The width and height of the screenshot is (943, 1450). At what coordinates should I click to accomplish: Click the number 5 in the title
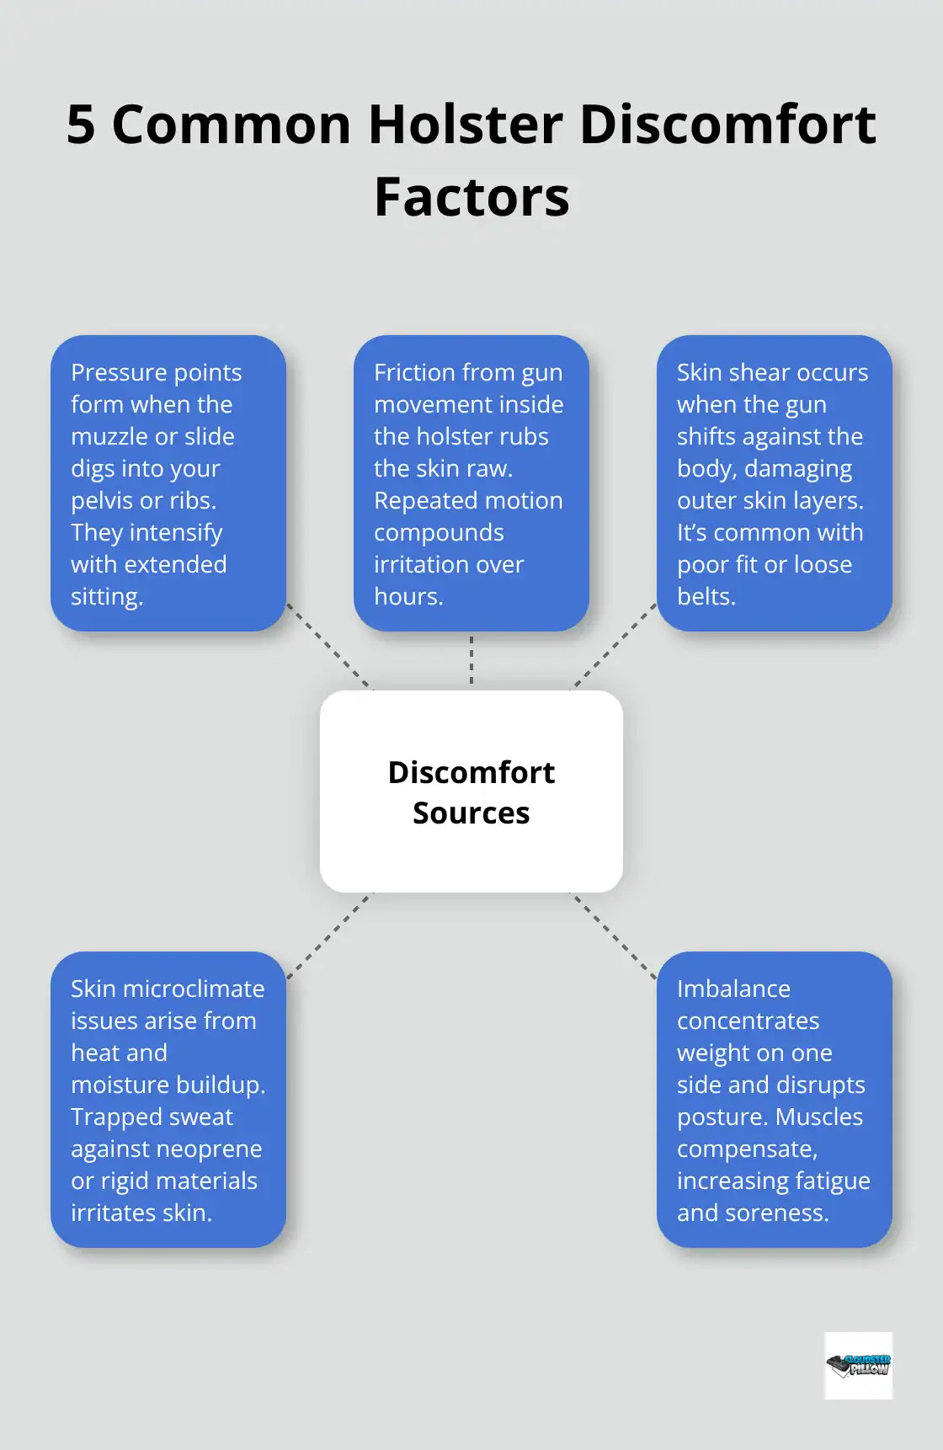click(81, 125)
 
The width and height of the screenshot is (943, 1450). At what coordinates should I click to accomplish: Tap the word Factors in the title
click(471, 198)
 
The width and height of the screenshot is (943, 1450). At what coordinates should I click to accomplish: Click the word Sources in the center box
click(471, 813)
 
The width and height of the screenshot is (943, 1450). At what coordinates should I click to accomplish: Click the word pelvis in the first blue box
click(103, 501)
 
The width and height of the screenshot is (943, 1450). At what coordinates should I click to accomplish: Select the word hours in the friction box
click(406, 597)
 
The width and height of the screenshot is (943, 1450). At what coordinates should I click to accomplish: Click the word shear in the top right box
click(759, 373)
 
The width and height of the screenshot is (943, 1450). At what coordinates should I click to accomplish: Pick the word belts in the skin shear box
click(705, 597)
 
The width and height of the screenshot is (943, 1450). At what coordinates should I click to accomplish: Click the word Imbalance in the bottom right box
click(733, 989)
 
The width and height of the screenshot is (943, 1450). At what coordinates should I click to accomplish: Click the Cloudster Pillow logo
click(858, 1365)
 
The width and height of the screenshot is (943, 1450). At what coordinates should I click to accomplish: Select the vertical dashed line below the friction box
click(471, 660)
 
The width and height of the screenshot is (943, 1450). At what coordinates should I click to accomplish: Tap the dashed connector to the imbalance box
click(614, 936)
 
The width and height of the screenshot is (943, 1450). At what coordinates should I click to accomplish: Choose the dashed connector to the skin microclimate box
click(329, 936)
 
